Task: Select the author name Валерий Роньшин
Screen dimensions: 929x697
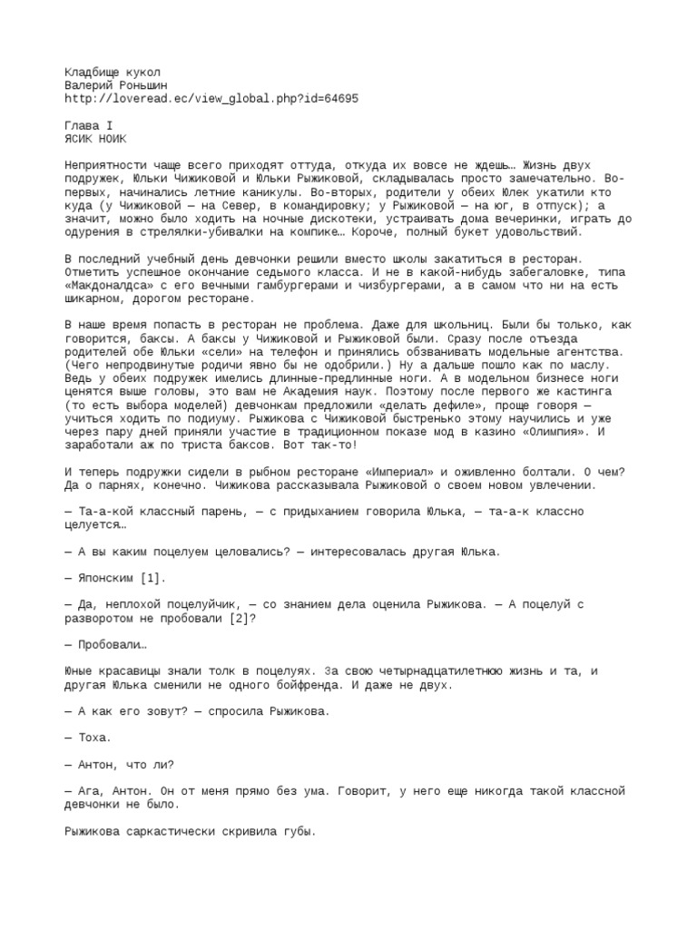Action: (x=117, y=85)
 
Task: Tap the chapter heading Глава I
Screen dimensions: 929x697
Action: (x=89, y=126)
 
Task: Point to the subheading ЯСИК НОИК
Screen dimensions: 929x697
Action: (x=96, y=140)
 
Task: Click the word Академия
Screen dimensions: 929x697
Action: (x=342, y=378)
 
